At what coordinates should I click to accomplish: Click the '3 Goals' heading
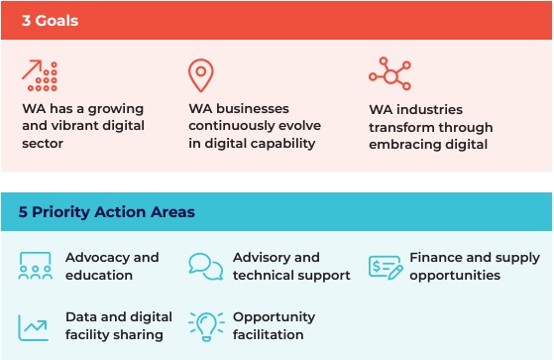point(51,20)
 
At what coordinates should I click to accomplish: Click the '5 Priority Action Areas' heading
point(108,212)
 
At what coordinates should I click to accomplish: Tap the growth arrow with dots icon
point(40,76)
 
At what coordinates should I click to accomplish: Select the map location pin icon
point(201,76)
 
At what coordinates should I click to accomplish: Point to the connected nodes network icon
point(388,74)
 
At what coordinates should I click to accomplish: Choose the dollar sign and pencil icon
point(386,266)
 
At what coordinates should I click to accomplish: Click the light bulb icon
point(205,325)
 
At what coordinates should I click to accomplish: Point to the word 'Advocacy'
point(97,258)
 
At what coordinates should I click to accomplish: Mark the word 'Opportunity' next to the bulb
point(274,317)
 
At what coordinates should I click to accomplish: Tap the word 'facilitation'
point(268,335)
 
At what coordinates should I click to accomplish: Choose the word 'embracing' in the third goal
point(405,144)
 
